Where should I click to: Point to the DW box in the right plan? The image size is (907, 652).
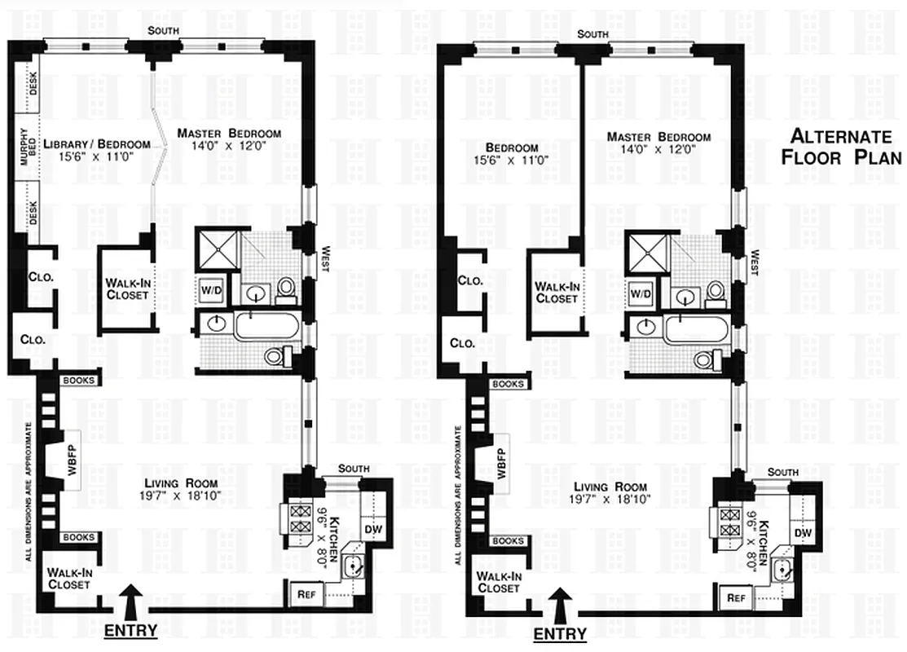[803, 532]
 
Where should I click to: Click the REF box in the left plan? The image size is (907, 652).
[306, 594]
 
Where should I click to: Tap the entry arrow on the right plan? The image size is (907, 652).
[559, 605]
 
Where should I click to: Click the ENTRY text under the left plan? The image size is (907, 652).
[130, 630]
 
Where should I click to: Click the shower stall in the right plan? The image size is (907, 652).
[648, 253]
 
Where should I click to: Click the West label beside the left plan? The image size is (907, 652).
[324, 258]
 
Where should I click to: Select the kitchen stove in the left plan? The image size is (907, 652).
[297, 519]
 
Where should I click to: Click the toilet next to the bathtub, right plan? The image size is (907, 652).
[706, 360]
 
